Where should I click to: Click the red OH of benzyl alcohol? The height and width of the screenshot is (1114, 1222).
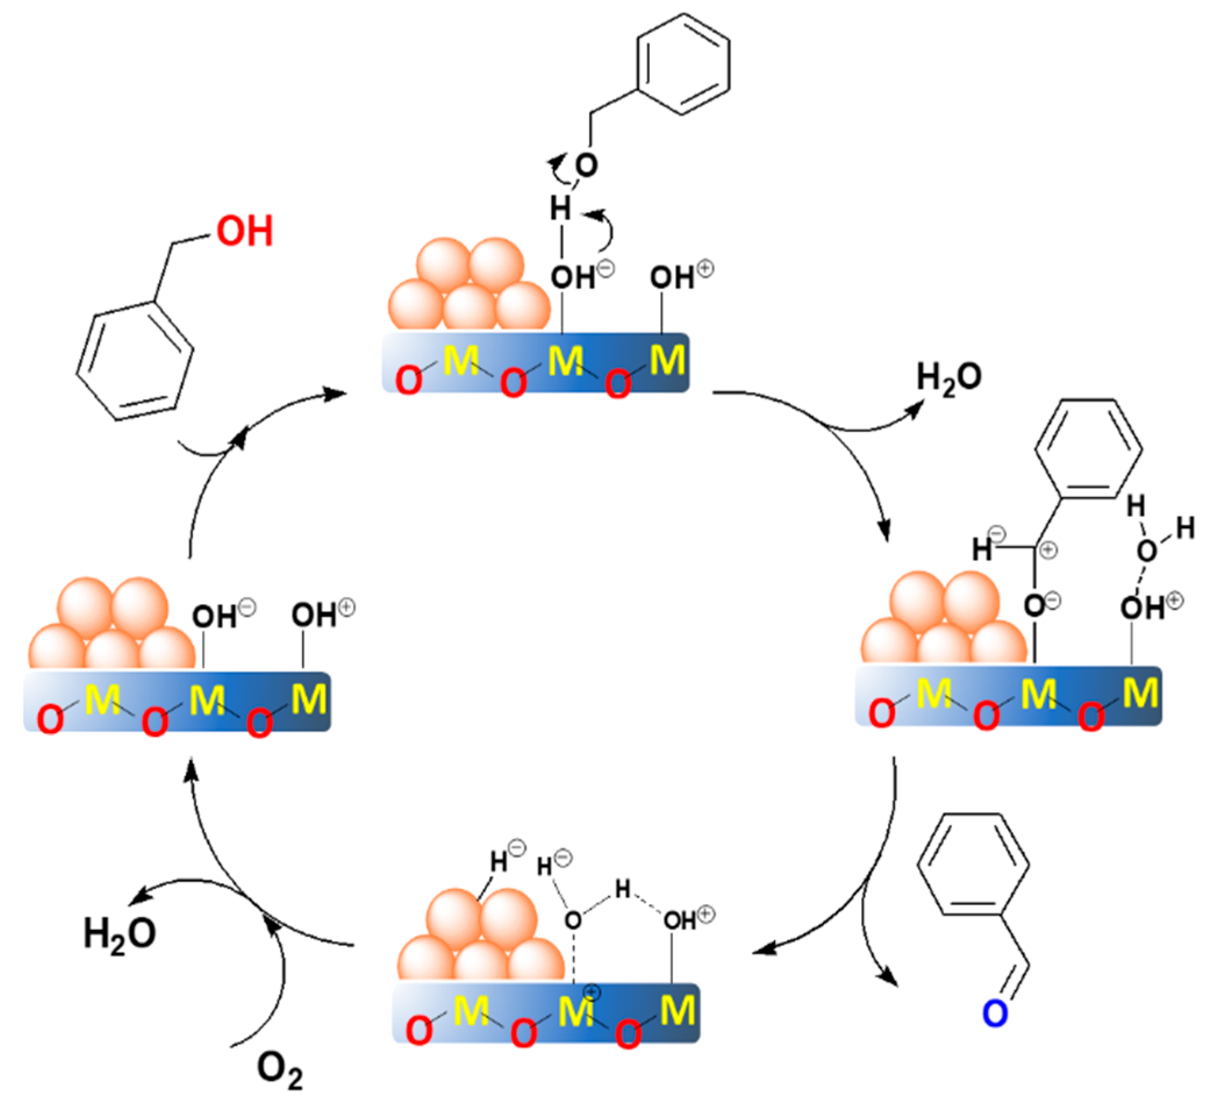point(245,231)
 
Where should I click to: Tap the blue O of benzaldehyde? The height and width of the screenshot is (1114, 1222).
point(995,1013)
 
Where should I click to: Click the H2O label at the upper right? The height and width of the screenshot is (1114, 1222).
point(949,377)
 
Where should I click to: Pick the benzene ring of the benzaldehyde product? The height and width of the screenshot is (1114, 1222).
point(973,866)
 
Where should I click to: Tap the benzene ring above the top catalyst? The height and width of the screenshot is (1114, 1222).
point(683,65)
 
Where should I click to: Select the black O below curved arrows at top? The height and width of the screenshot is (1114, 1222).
point(586,165)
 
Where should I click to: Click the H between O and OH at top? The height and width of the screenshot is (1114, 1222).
point(560,209)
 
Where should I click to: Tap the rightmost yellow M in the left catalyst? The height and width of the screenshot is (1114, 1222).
point(309,699)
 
